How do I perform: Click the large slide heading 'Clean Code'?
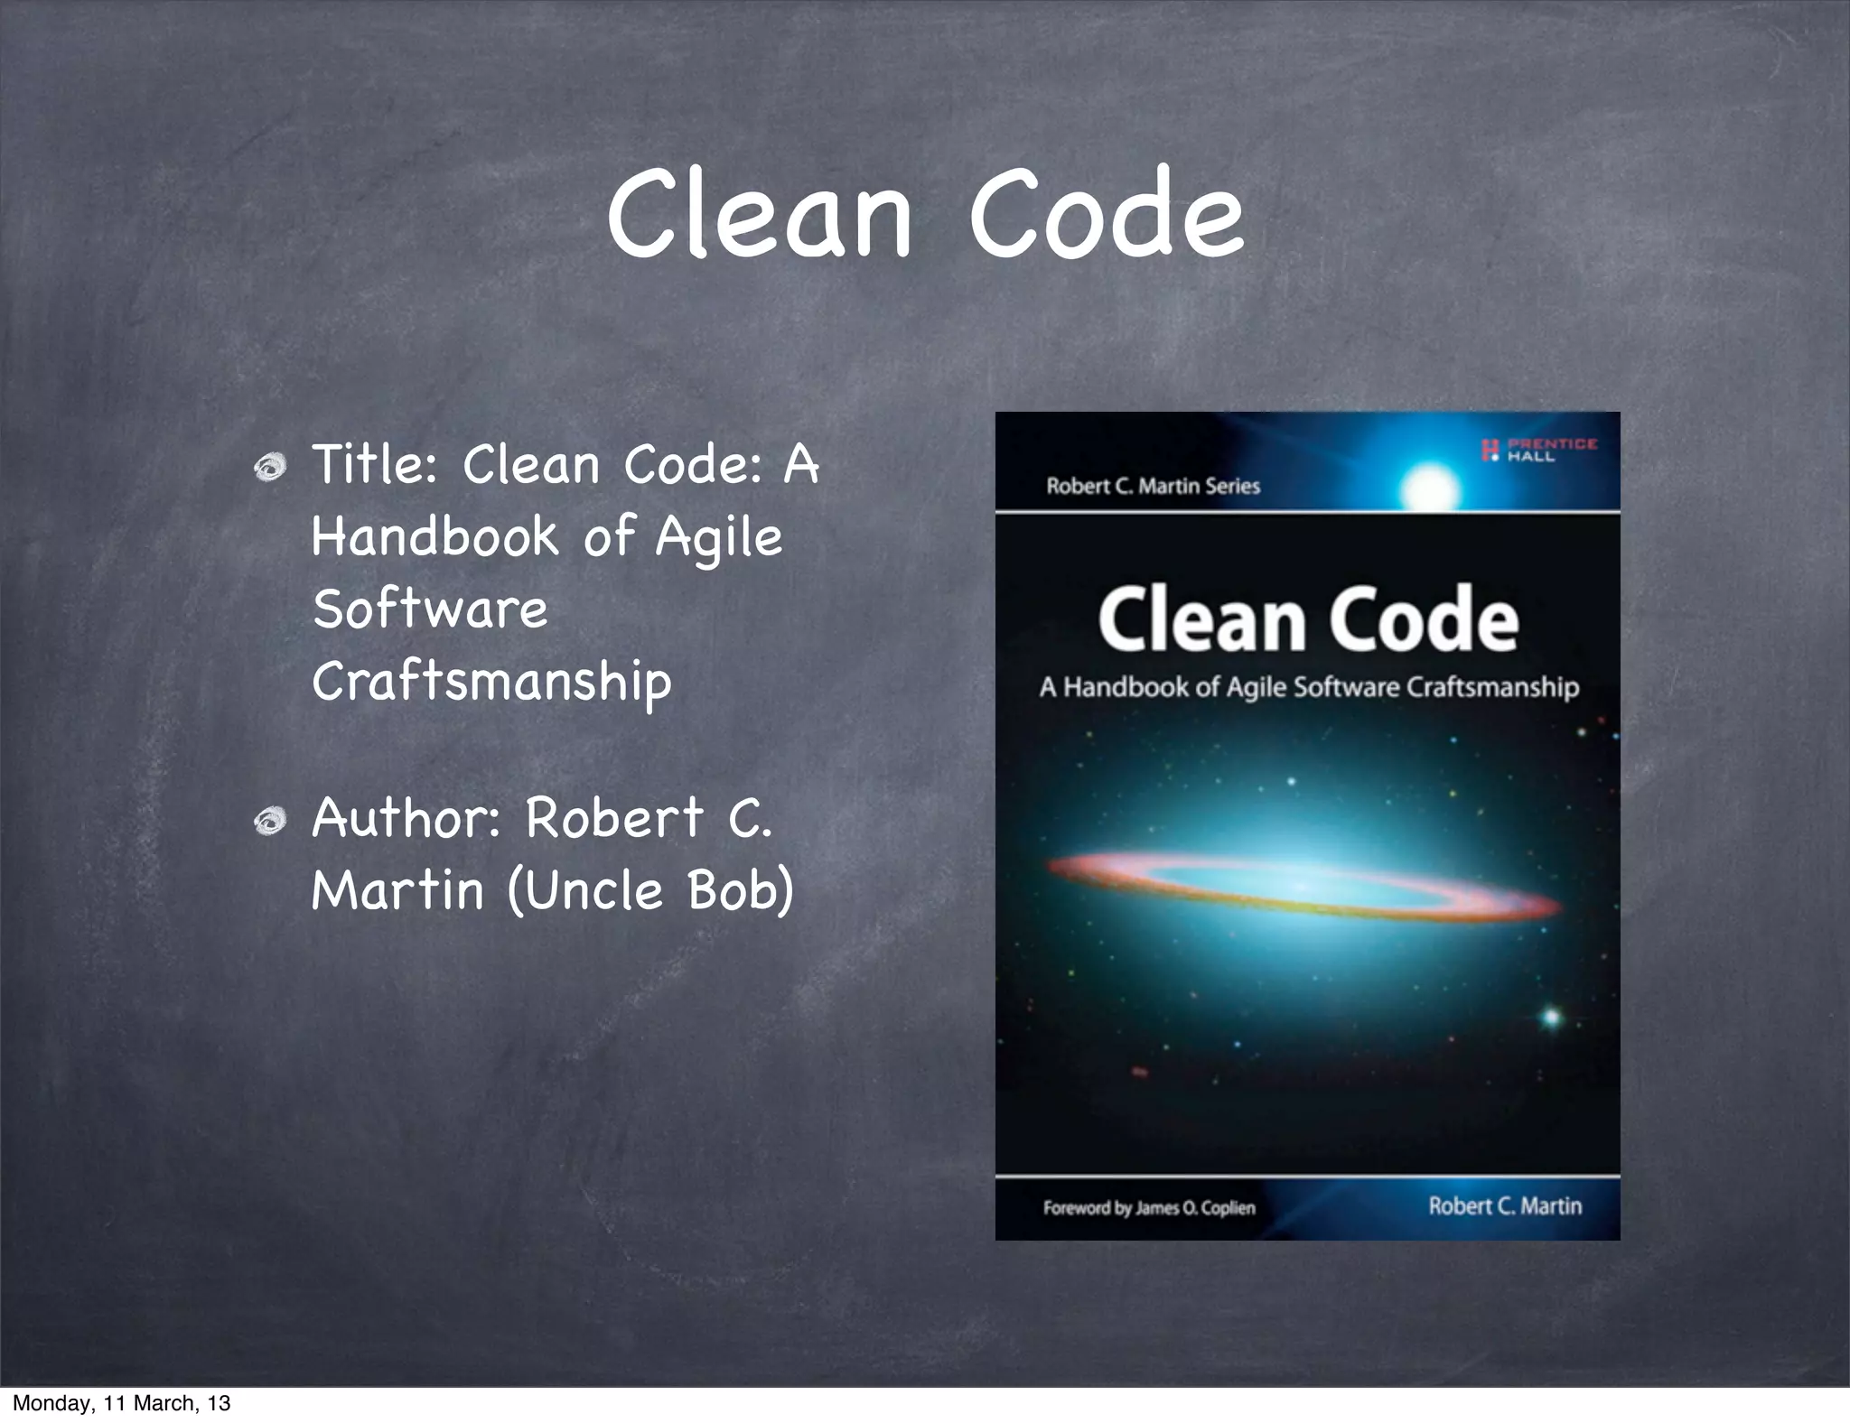click(x=925, y=215)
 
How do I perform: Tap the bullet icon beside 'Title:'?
click(x=270, y=467)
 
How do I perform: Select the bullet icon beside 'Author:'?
click(x=270, y=822)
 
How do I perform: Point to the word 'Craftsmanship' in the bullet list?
click(x=492, y=683)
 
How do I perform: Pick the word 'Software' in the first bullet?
click(x=430, y=609)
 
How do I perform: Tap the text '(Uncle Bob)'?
click(x=650, y=890)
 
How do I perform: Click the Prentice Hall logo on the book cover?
click(x=1539, y=450)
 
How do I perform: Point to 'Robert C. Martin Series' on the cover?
click(x=1153, y=487)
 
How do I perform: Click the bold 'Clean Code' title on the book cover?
click(x=1307, y=620)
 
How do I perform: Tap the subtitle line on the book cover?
click(x=1309, y=688)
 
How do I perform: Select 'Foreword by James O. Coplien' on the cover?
click(x=1149, y=1208)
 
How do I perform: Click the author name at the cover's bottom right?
click(x=1505, y=1206)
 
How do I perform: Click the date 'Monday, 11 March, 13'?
click(x=122, y=1403)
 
